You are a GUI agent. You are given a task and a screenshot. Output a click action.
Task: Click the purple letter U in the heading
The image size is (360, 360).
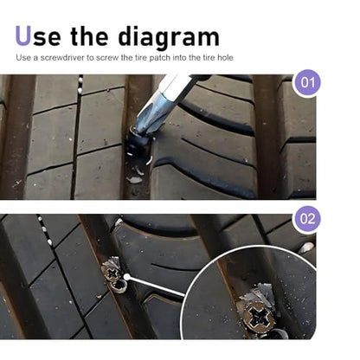click(22, 35)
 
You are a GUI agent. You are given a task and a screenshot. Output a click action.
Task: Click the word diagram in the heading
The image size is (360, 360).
click(169, 37)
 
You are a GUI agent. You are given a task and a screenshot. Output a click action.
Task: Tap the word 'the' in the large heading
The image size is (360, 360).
click(89, 35)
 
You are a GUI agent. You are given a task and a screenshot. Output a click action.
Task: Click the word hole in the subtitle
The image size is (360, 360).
click(225, 57)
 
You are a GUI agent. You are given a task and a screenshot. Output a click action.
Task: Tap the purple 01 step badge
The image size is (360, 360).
click(307, 83)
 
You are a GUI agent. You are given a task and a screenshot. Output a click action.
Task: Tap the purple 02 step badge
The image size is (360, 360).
click(307, 219)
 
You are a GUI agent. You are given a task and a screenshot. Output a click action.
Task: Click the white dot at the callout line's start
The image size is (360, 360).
click(126, 277)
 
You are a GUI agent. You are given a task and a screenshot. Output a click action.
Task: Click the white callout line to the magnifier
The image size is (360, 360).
click(157, 286)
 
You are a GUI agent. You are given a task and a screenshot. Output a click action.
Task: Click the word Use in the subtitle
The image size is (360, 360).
click(22, 57)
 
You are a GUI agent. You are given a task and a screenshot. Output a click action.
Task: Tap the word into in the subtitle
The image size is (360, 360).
click(179, 57)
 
